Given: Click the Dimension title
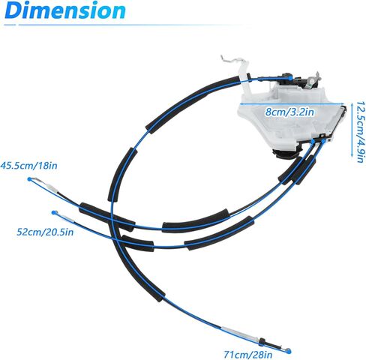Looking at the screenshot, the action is [x=65, y=10].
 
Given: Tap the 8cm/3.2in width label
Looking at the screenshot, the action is [x=289, y=112].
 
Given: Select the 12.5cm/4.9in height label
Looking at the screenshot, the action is [x=360, y=132].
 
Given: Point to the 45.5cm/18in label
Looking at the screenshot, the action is [x=28, y=166].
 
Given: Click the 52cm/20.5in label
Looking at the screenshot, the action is [x=45, y=232].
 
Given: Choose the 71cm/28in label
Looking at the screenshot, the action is [x=247, y=354].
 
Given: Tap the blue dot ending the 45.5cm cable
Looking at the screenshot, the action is [x=30, y=179].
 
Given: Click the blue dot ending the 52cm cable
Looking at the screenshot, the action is [x=54, y=212].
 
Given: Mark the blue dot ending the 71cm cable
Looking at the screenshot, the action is [x=289, y=351].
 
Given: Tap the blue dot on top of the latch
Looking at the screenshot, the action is [x=289, y=78].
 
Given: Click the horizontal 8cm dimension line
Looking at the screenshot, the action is [x=292, y=103].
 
